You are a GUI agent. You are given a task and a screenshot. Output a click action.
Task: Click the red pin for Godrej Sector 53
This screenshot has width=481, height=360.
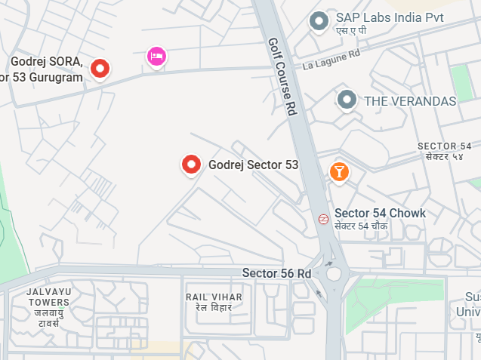pos(192,164)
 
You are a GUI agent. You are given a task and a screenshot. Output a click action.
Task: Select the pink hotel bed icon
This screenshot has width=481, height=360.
pos(156,56)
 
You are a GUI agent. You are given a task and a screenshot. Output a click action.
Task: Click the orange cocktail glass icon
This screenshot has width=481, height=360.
pos(339,171)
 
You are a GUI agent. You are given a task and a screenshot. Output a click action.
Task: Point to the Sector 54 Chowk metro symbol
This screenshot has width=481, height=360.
pos(322,219)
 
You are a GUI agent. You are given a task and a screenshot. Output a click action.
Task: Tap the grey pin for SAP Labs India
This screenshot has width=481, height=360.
pos(319,21)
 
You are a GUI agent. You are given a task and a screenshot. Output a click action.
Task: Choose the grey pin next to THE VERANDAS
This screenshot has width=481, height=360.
pos(347,99)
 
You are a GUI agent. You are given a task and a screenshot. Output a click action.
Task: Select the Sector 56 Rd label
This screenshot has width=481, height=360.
pos(276,272)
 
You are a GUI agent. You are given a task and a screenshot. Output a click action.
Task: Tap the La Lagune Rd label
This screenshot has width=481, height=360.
pos(331,60)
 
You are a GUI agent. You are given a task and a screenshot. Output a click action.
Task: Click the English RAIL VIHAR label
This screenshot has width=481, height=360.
pos(214,297)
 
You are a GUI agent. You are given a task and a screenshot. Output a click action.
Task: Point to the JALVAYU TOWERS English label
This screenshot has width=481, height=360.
pos(48,297)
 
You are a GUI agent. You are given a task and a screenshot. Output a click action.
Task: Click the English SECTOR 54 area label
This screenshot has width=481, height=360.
pos(444,146)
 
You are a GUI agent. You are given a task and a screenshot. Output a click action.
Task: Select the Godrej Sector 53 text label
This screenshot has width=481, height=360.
pos(253,165)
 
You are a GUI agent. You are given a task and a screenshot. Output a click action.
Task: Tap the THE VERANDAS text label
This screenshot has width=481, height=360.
pos(410,101)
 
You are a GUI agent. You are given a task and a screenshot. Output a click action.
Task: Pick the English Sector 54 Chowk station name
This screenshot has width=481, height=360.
pos(380,214)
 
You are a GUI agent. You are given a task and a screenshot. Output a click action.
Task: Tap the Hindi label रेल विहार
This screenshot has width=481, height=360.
pos(214,308)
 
